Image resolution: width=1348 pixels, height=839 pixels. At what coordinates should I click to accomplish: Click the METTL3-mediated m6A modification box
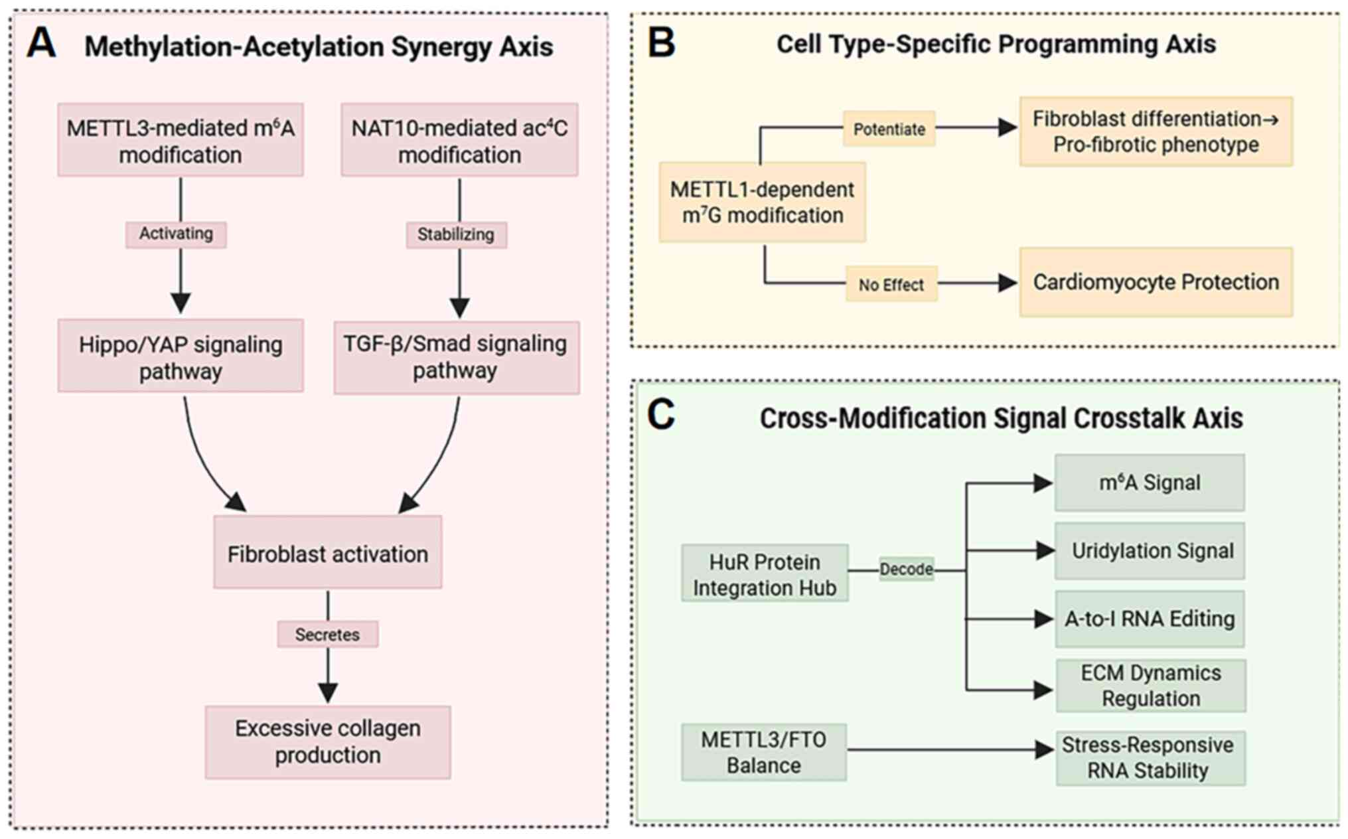(x=181, y=140)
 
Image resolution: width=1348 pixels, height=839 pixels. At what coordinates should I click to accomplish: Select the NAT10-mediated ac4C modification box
(x=459, y=140)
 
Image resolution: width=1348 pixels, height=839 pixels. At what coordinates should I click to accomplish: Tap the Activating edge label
(x=176, y=234)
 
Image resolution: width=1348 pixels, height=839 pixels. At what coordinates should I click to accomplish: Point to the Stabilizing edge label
(x=456, y=235)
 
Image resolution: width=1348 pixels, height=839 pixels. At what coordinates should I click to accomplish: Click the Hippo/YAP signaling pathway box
(x=181, y=356)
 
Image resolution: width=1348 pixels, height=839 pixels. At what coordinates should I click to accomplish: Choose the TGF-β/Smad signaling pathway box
(x=456, y=358)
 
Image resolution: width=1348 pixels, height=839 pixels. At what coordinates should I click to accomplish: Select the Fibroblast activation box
(x=327, y=553)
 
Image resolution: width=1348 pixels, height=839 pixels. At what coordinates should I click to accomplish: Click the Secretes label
(x=327, y=635)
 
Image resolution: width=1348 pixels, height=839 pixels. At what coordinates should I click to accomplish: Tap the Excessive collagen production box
(x=327, y=742)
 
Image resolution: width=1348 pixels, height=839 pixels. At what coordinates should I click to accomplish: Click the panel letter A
(x=41, y=44)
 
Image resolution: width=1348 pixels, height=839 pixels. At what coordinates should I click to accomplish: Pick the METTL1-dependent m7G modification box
(x=762, y=202)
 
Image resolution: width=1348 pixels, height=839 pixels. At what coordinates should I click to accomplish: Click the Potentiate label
(x=889, y=129)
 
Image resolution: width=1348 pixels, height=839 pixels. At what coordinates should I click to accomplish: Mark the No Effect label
(x=891, y=285)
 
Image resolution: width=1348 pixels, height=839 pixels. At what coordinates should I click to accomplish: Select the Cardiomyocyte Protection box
(x=1156, y=282)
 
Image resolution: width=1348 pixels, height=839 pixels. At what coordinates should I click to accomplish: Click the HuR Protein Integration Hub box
(x=765, y=574)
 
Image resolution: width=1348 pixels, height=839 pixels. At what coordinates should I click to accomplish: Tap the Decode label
(x=906, y=570)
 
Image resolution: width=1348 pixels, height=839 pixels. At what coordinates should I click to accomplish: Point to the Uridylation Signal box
(x=1150, y=551)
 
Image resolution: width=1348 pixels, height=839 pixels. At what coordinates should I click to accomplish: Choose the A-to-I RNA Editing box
(x=1150, y=619)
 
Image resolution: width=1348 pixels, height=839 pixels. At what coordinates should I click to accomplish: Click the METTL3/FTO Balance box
(x=763, y=752)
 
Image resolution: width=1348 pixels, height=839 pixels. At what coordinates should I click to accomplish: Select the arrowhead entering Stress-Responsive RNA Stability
(x=1044, y=750)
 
